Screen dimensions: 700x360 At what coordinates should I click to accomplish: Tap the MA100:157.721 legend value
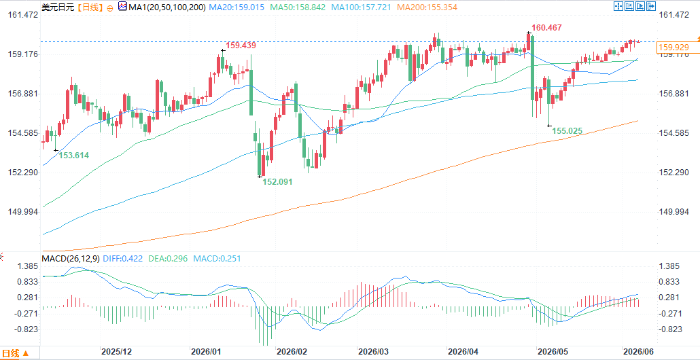click(x=364, y=7)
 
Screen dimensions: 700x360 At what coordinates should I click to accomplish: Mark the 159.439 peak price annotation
click(x=241, y=45)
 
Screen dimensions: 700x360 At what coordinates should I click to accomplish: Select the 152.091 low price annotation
click(x=277, y=182)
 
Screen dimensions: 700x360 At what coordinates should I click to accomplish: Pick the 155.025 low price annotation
click(x=567, y=130)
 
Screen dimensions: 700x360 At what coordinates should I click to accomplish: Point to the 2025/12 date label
click(x=116, y=352)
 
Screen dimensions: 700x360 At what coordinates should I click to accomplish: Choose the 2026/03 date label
click(x=372, y=352)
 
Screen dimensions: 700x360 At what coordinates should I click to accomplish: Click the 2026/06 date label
click(x=637, y=352)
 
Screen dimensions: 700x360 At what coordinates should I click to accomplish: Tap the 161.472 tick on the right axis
click(x=673, y=15)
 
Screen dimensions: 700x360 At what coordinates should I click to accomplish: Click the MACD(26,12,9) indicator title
click(x=71, y=258)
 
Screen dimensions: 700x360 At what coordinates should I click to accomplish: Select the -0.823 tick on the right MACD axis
click(x=670, y=329)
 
